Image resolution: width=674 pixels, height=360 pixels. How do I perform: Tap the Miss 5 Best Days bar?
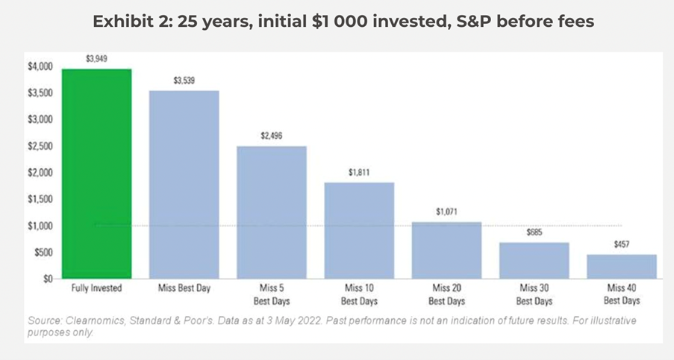272,212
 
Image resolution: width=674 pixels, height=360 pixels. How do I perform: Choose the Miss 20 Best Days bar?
447,250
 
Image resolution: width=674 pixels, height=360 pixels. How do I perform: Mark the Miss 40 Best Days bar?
621,267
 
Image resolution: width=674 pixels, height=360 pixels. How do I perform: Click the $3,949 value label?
97,58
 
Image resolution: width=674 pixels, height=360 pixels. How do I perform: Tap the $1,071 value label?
447,211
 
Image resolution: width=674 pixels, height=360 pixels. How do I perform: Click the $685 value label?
534,232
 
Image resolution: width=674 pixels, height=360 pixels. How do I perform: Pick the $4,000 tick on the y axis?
40,66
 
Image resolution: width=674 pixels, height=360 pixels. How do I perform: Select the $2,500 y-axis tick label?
40,146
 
